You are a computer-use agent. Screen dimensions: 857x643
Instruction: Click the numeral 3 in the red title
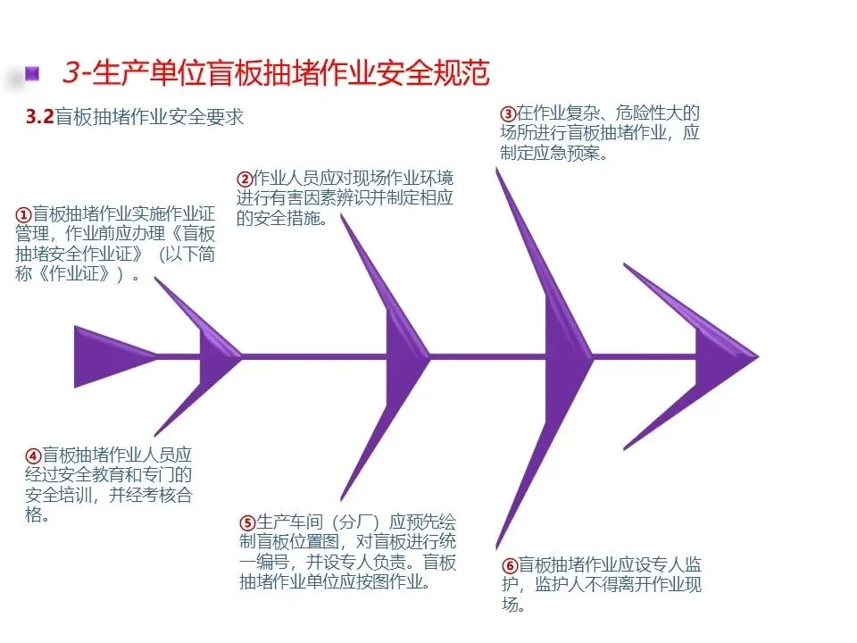coord(71,72)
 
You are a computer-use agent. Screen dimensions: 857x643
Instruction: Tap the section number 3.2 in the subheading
coord(40,118)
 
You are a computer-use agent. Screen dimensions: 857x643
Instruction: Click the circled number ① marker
coord(24,214)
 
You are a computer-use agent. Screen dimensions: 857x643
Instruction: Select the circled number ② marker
coord(245,177)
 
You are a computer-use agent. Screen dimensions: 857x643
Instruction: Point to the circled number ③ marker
coord(507,113)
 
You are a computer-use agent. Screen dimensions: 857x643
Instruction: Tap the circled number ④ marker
coord(33,455)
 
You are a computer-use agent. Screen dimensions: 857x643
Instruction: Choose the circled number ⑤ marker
coord(247,523)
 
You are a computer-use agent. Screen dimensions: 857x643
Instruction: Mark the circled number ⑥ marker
coord(509,565)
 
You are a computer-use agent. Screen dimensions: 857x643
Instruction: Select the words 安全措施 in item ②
coord(290,217)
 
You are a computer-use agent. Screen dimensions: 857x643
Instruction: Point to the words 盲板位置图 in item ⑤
coord(302,543)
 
